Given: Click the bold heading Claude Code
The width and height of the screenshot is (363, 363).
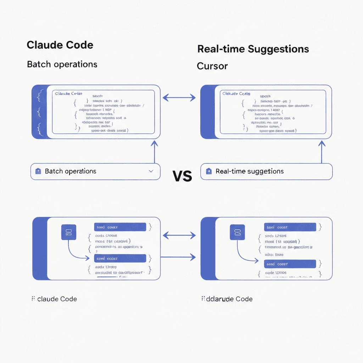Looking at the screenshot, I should click(60, 45).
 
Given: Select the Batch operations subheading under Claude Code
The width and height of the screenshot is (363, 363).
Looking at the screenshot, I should click(62, 65).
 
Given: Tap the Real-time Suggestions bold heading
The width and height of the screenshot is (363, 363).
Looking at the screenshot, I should click(253, 49).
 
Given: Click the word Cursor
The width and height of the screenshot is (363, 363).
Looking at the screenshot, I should click(212, 66).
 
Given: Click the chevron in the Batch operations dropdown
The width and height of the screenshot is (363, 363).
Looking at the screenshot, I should click(151, 171).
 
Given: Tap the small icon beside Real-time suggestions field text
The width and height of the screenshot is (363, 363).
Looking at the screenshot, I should click(208, 171).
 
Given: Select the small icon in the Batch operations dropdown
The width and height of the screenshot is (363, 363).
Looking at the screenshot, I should click(38, 171).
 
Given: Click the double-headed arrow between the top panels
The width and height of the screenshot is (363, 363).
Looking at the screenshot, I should click(179, 97).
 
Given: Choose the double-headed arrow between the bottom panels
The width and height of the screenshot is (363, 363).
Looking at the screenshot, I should click(179, 235).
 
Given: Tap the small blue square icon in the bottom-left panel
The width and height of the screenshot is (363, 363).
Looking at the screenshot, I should click(69, 233).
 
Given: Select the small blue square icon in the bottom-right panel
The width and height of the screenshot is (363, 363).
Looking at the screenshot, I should click(238, 233).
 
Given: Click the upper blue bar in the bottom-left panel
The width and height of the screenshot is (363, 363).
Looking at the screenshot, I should click(120, 227).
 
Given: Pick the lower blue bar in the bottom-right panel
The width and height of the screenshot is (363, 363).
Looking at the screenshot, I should click(290, 264).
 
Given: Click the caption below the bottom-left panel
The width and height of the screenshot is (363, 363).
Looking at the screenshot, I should click(54, 299).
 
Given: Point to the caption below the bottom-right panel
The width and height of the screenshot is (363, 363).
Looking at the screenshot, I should click(227, 299).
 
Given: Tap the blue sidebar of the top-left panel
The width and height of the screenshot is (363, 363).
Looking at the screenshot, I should click(39, 112).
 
